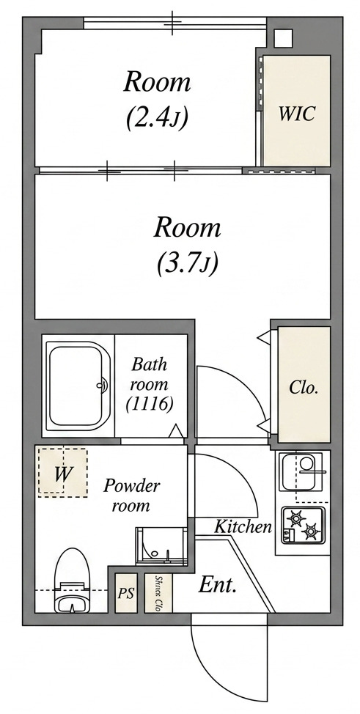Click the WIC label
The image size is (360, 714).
click(x=297, y=114)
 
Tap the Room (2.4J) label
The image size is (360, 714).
click(x=157, y=100)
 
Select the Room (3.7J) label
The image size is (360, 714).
click(x=187, y=246)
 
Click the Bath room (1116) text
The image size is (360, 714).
click(x=149, y=385)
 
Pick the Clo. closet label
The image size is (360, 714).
click(x=304, y=388)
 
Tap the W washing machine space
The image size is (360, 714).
click(x=62, y=472)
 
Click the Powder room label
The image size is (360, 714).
click(x=131, y=494)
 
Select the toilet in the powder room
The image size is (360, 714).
click(x=73, y=580)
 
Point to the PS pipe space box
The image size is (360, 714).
click(x=125, y=593)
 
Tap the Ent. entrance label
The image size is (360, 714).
click(x=217, y=586)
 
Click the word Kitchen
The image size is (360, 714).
click(x=243, y=527)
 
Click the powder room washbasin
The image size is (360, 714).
click(x=161, y=546)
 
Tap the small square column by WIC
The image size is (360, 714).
click(x=283, y=38)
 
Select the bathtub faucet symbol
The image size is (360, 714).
click(x=103, y=386)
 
